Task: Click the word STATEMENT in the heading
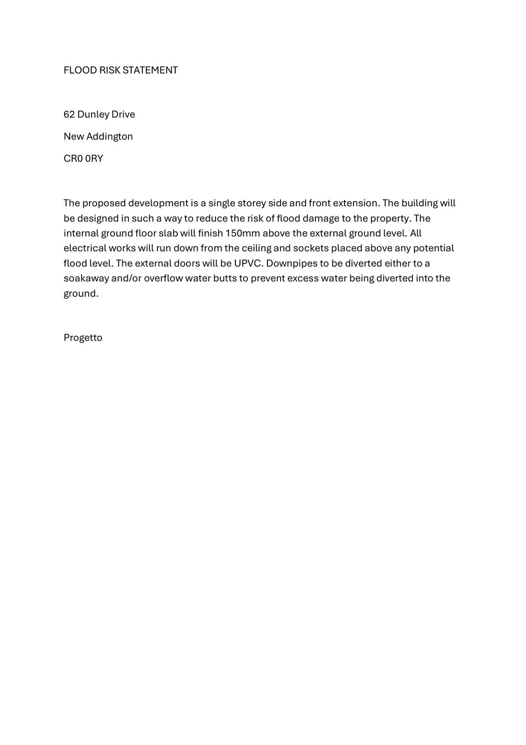[150, 70]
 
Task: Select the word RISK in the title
[110, 70]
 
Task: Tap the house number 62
[69, 115]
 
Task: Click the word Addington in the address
[110, 136]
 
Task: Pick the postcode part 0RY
[94, 159]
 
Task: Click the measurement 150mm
[242, 233]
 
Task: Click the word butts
[225, 278]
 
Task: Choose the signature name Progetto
[83, 338]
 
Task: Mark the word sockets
[311, 248]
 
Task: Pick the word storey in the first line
[252, 203]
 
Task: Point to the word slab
[168, 233]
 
